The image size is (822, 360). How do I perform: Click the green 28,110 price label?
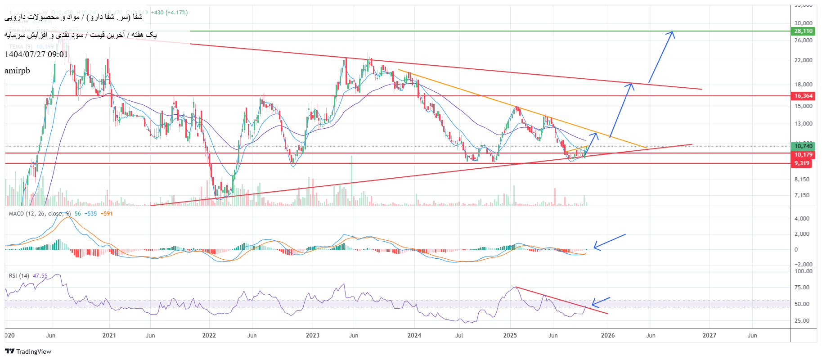803,31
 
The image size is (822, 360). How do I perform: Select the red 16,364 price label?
803,96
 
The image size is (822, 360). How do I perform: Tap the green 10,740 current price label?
803,146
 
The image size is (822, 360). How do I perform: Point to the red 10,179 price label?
803,155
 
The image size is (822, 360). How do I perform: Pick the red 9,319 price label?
802,163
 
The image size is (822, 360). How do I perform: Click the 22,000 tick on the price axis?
803,60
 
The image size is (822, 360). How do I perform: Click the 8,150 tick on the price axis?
802,180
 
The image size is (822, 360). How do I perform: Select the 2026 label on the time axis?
607,335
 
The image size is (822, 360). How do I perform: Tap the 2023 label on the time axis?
312,335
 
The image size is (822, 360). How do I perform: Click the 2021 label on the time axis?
109,335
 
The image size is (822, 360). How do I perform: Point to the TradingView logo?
28,351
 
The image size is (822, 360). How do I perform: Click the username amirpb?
18,71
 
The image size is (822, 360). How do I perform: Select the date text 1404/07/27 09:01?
36,54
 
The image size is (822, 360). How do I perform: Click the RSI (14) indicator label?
19,276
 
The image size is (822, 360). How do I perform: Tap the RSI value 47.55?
40,276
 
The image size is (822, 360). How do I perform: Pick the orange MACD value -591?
107,214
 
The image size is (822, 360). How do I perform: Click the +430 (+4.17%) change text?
170,13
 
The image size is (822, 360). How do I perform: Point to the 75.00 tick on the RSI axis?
803,288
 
